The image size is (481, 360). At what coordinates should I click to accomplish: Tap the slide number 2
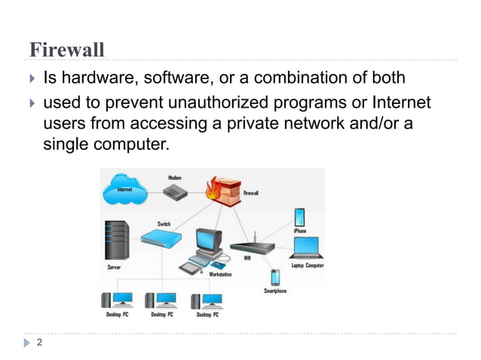pos(38,343)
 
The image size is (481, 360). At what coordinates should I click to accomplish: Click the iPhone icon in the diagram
pos(299,218)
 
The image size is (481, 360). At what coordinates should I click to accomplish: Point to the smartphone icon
pos(275,277)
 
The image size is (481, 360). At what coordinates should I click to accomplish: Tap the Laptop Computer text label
pos(307,265)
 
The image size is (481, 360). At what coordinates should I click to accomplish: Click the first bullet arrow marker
pos(31,78)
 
